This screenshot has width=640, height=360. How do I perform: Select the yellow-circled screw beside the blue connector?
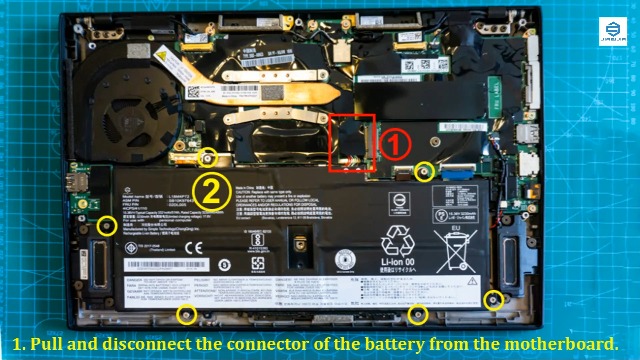[x=424, y=172]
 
